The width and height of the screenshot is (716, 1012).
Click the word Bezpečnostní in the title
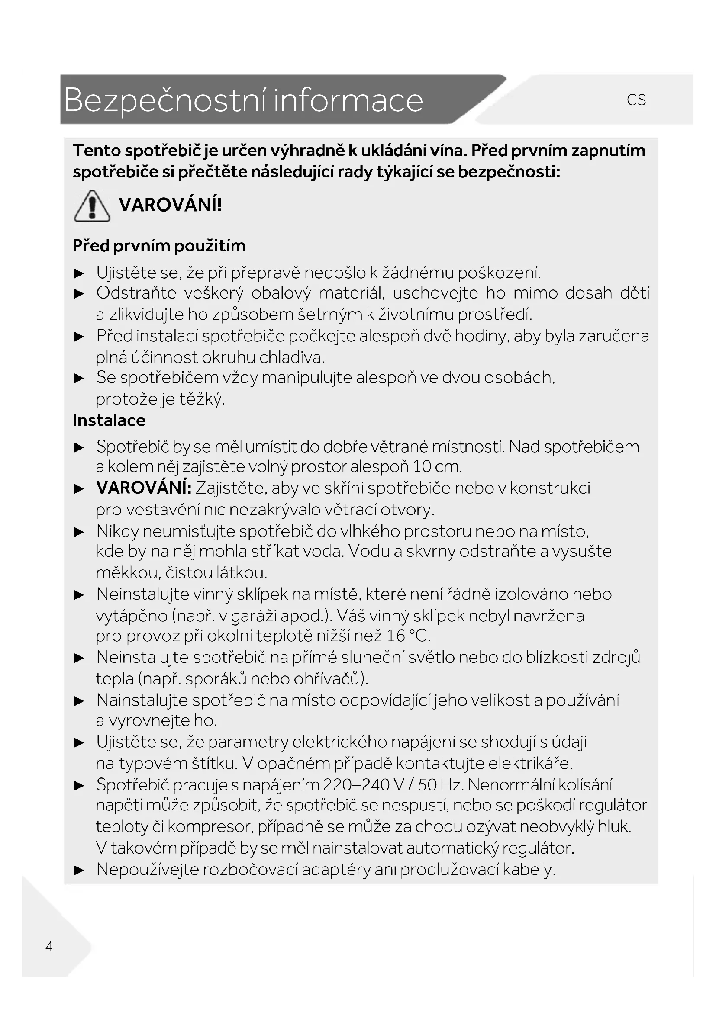coord(165,100)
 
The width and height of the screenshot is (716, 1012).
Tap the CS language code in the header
coord(636,100)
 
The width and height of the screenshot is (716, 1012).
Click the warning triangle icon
coord(92,206)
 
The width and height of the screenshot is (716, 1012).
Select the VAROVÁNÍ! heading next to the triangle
coord(170,205)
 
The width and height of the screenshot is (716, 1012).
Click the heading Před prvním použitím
coord(159,245)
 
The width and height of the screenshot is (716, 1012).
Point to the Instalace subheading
coord(109,420)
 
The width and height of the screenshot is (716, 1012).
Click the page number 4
coord(49,946)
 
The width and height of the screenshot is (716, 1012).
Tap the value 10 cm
coord(437,466)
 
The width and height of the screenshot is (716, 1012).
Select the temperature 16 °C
coord(408,636)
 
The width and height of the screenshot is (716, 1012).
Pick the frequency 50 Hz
coord(440,784)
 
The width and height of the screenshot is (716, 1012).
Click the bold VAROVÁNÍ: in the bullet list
coord(144,488)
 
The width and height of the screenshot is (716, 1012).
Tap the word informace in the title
coord(348,100)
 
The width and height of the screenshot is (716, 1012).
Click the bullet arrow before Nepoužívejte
coord(79,870)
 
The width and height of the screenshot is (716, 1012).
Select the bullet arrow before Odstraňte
coord(79,294)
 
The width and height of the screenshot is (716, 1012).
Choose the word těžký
coord(202,399)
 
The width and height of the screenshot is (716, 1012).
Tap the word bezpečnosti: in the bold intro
coord(509,171)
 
